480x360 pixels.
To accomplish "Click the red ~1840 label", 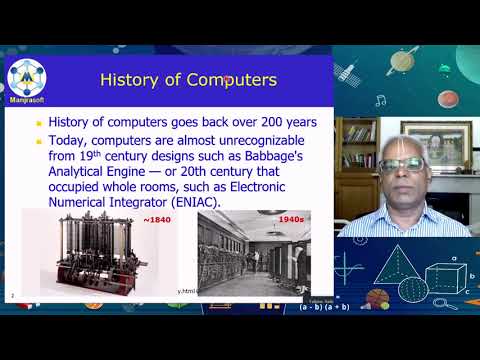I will [156, 217].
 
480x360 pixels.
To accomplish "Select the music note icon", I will [380, 100].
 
